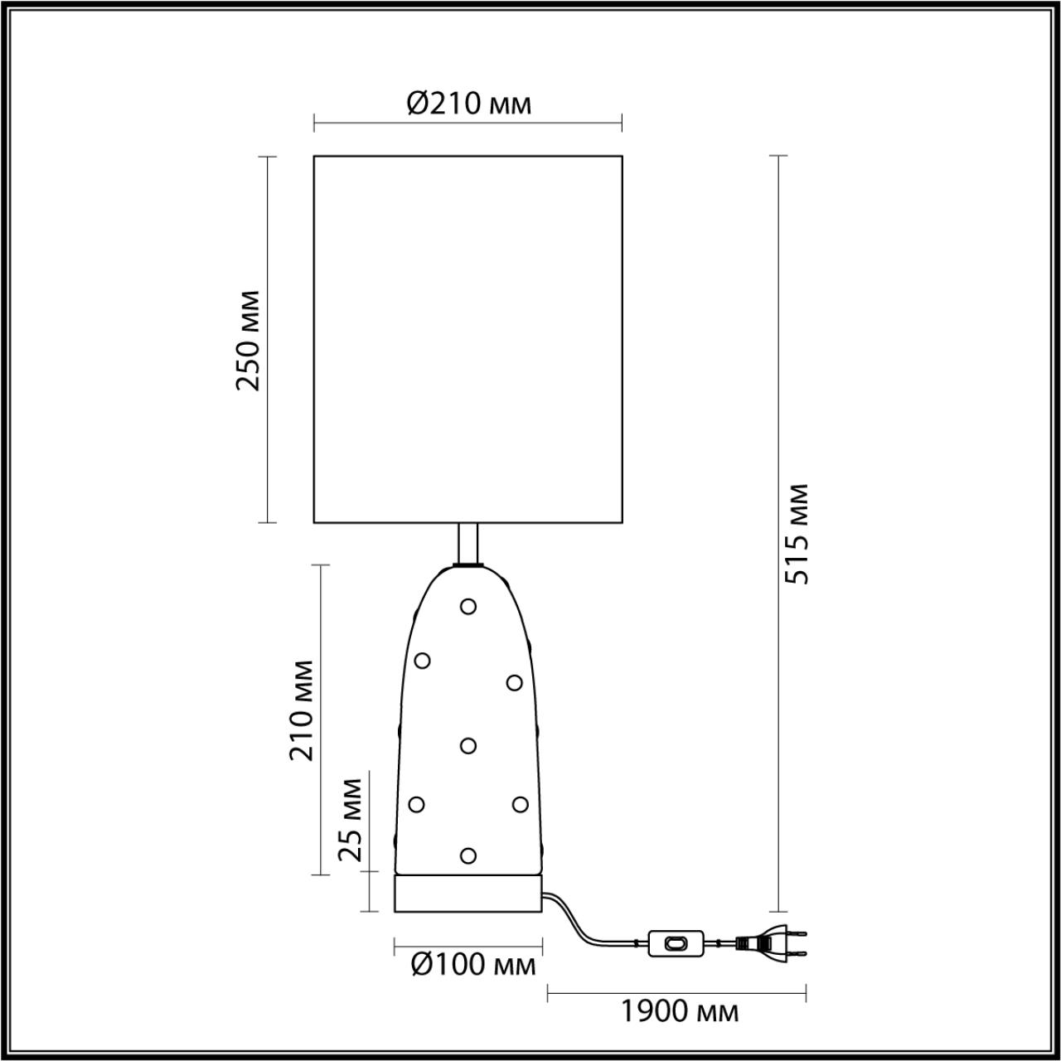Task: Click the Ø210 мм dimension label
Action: (x=468, y=104)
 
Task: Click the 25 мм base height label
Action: (x=353, y=820)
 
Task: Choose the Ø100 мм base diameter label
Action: (x=473, y=966)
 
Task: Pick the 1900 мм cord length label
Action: (x=680, y=1011)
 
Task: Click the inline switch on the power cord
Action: (x=676, y=942)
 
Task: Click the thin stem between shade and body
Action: (x=468, y=544)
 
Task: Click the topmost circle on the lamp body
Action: (x=468, y=607)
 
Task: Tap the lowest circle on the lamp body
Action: (x=468, y=855)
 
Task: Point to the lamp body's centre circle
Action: (x=468, y=746)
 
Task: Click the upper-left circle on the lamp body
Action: (x=422, y=661)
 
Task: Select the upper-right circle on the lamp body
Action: (x=514, y=683)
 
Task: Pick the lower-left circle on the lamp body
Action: (x=416, y=804)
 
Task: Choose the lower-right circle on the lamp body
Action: (x=520, y=804)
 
